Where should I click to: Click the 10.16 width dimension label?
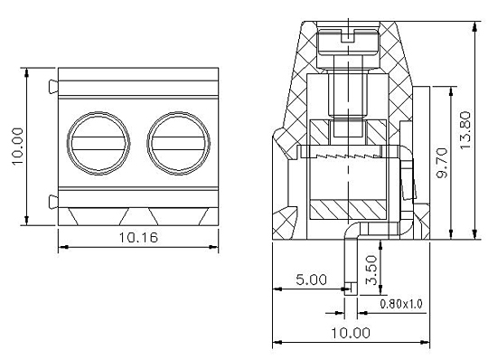pos(138,238)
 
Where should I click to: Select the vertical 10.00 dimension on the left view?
pos(18,147)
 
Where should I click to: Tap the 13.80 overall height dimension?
pos(465,130)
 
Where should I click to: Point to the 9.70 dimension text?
pos(442,163)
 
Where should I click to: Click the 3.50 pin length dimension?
pos(371,270)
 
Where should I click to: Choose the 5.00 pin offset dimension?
pos(311,279)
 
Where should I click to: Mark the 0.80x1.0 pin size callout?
pos(401,304)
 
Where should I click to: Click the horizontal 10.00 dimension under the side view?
pos(351,333)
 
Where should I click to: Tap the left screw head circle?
pos(99,143)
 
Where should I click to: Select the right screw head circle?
pos(178,143)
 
